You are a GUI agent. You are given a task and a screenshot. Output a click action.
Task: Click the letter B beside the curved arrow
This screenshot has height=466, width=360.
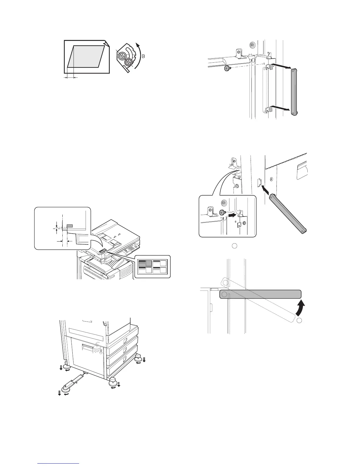143,58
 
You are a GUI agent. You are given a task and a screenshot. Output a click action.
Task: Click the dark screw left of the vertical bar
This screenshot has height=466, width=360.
227,69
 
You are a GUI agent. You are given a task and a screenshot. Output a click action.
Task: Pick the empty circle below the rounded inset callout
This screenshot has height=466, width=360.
234,245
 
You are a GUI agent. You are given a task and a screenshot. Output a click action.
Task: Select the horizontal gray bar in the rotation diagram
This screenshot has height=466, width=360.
261,294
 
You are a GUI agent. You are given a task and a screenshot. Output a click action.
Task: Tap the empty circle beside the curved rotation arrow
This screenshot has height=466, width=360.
299,321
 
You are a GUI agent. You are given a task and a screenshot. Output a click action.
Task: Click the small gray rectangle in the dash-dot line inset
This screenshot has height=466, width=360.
70,226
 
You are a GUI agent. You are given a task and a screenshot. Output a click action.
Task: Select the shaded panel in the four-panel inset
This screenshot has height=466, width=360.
145,263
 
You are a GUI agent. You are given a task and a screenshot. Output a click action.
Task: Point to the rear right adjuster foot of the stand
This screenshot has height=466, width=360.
138,358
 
